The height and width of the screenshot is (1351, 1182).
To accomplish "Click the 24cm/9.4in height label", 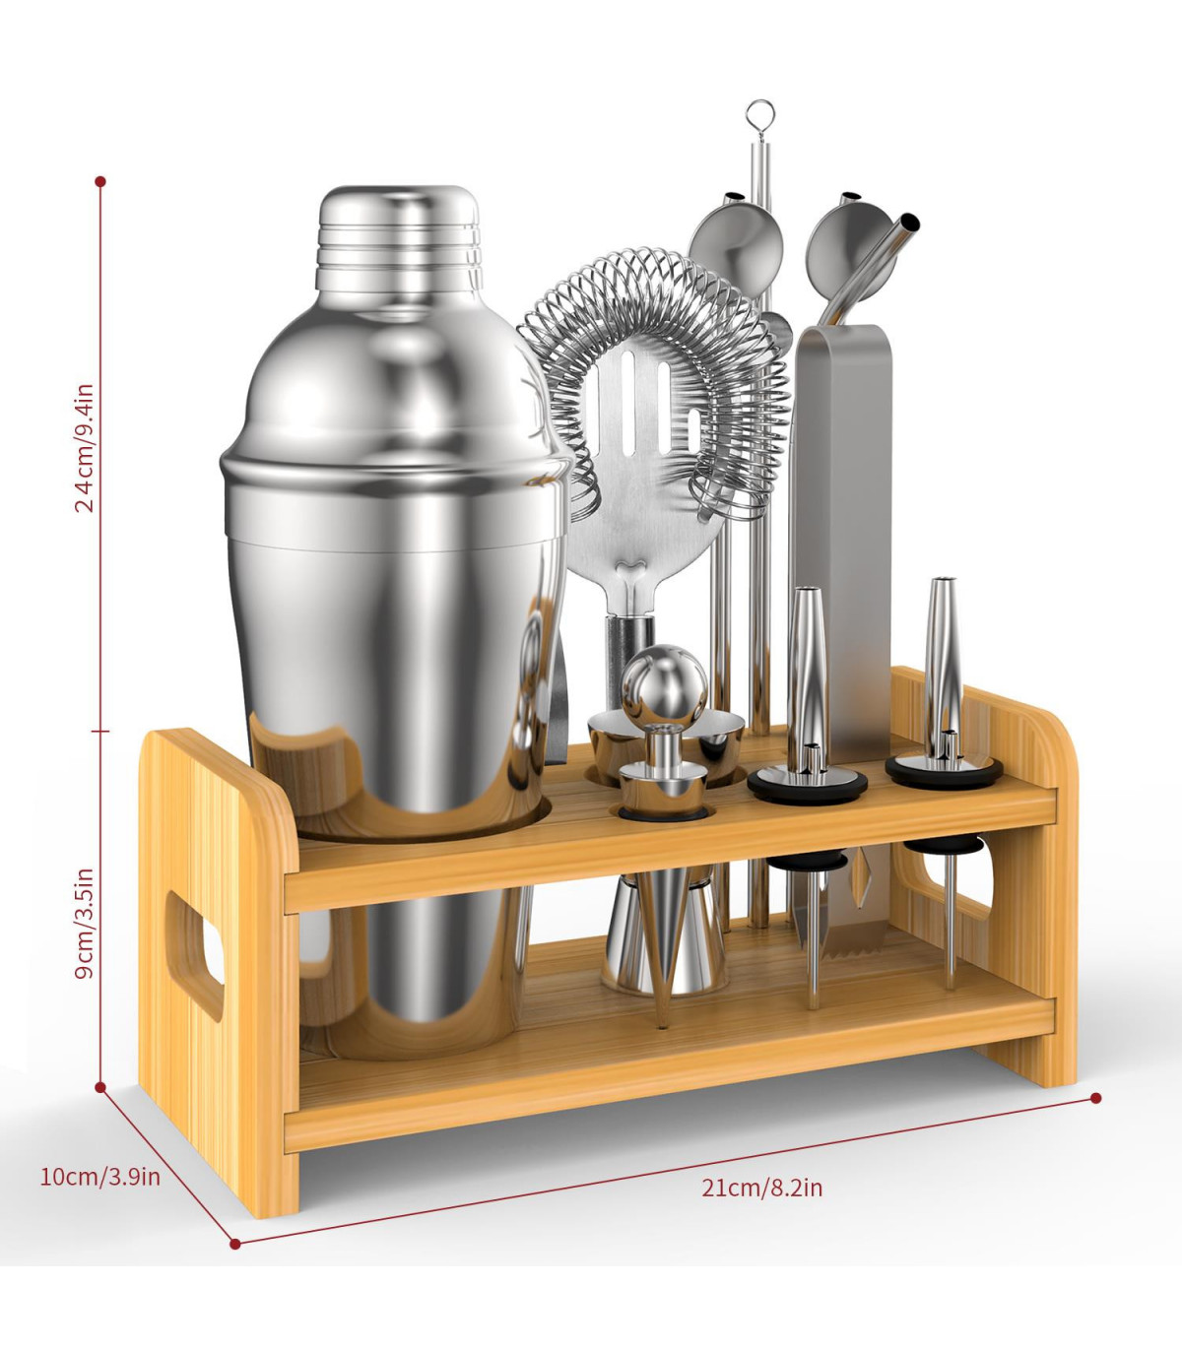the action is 85,448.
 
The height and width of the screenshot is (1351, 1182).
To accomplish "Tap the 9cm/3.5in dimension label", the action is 85,923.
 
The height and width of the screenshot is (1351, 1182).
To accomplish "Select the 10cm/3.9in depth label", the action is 100,1177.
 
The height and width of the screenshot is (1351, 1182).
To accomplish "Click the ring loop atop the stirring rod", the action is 760,113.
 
